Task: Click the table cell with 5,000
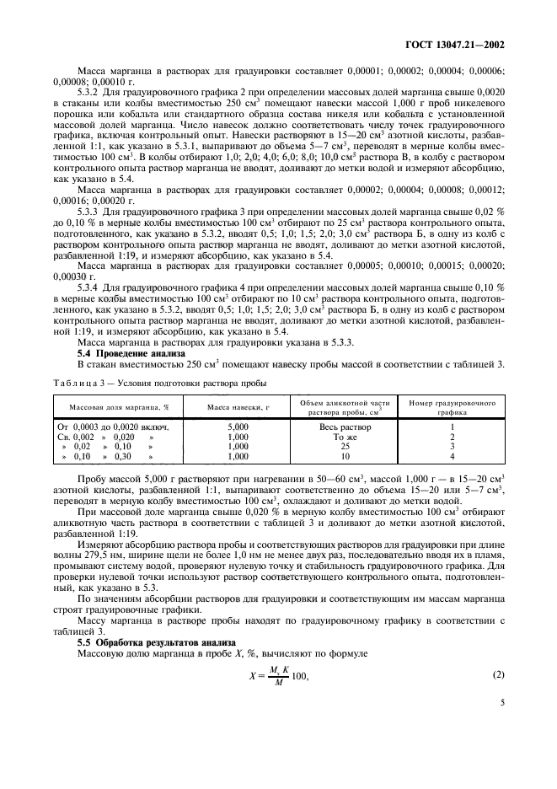239,427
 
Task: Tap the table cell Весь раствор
345,427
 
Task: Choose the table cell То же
345,437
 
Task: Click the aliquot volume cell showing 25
345,447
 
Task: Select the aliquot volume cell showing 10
345,456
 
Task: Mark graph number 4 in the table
452,456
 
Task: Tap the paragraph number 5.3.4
89,288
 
